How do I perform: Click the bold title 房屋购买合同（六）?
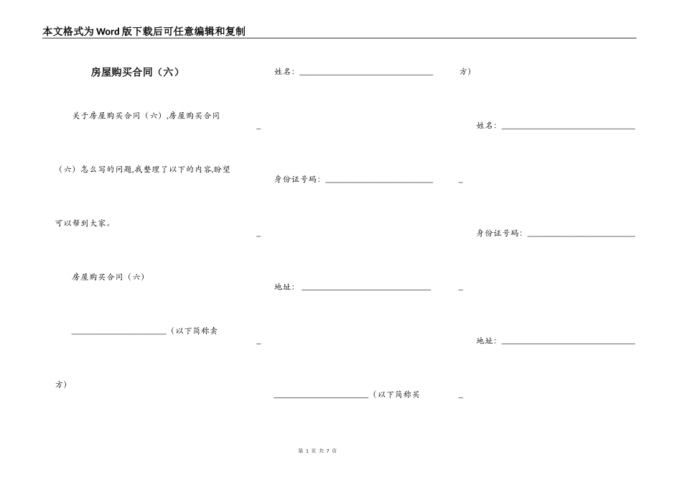[x=135, y=72]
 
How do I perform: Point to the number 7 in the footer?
[x=327, y=451]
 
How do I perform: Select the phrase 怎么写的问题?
[x=102, y=170]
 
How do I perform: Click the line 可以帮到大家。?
[x=83, y=224]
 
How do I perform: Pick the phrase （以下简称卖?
[x=195, y=331]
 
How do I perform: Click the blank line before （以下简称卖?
[x=119, y=333]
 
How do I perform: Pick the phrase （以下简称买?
[x=396, y=395]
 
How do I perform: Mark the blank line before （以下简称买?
[x=321, y=397]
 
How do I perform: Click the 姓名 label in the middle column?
[x=284, y=72]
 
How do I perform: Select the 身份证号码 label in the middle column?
[x=296, y=180]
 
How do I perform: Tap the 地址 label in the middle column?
[x=284, y=287]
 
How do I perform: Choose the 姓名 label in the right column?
[x=486, y=126]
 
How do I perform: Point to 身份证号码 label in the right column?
[x=499, y=234]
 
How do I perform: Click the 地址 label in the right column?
[x=486, y=341]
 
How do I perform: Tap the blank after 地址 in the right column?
[x=568, y=343]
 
